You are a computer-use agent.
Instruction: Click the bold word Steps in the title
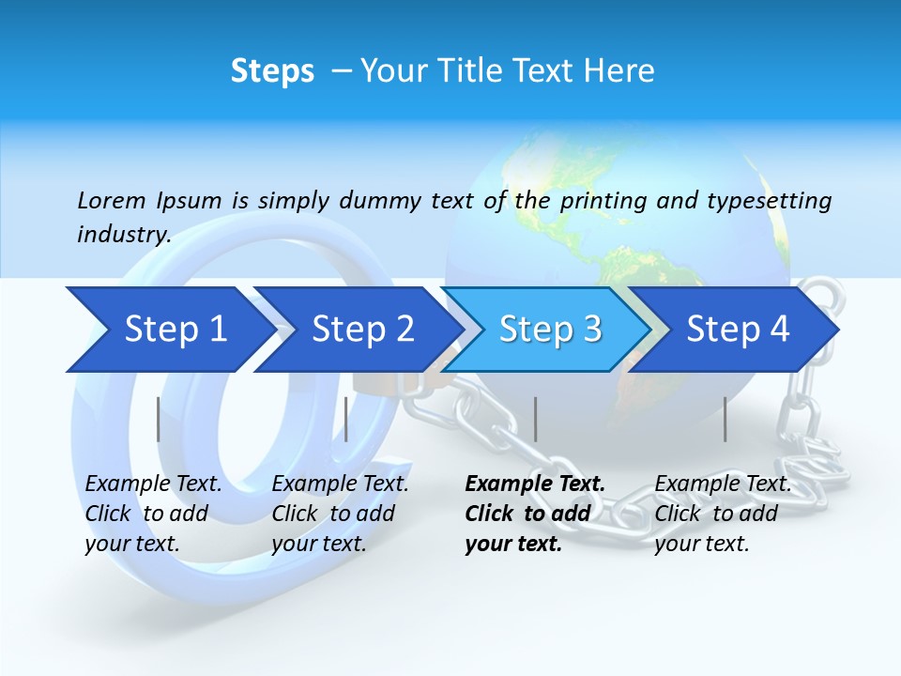[x=272, y=71]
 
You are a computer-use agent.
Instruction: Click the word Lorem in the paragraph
[x=112, y=200]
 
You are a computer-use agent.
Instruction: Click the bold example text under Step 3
[x=534, y=514]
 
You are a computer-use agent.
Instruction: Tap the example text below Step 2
[x=340, y=514]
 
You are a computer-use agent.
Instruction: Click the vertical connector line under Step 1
[x=159, y=419]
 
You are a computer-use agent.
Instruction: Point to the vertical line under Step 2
[x=346, y=419]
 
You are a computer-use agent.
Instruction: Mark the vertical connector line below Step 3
[x=535, y=419]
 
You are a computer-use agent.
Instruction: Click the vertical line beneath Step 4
[x=725, y=419]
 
